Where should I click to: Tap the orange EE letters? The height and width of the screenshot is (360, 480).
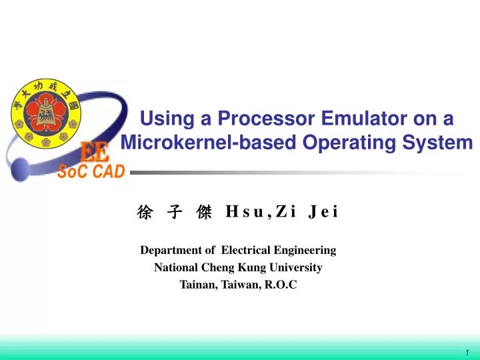[95, 153]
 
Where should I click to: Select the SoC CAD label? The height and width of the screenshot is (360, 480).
[91, 172]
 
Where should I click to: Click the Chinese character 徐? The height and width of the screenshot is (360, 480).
[143, 213]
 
